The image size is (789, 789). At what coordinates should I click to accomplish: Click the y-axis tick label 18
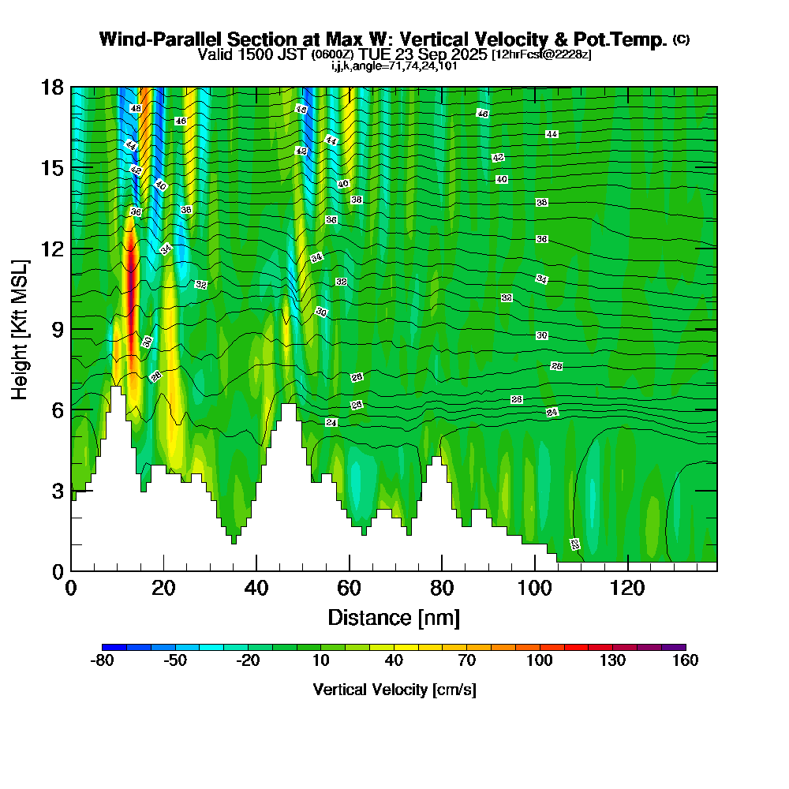click(x=53, y=88)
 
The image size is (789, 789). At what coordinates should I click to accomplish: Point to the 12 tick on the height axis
click(x=53, y=249)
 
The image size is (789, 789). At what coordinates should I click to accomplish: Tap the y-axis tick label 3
click(x=58, y=491)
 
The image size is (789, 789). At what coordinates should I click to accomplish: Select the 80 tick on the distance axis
click(x=442, y=589)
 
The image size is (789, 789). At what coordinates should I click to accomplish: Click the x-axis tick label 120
click(x=627, y=589)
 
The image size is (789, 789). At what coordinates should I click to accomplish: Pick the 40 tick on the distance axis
click(x=256, y=589)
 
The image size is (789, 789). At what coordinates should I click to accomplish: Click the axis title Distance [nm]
click(x=394, y=617)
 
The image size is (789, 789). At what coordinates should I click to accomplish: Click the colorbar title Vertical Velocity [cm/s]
click(x=394, y=690)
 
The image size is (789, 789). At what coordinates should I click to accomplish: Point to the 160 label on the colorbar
click(x=685, y=661)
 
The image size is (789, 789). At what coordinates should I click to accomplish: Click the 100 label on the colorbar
click(x=540, y=661)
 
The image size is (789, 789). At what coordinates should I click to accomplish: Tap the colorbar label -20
click(x=248, y=661)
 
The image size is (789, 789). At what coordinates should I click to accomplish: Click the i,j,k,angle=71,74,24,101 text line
click(x=394, y=66)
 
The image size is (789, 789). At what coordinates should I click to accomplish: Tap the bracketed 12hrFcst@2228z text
click(x=541, y=55)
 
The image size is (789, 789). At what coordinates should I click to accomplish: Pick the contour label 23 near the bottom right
click(x=574, y=544)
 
